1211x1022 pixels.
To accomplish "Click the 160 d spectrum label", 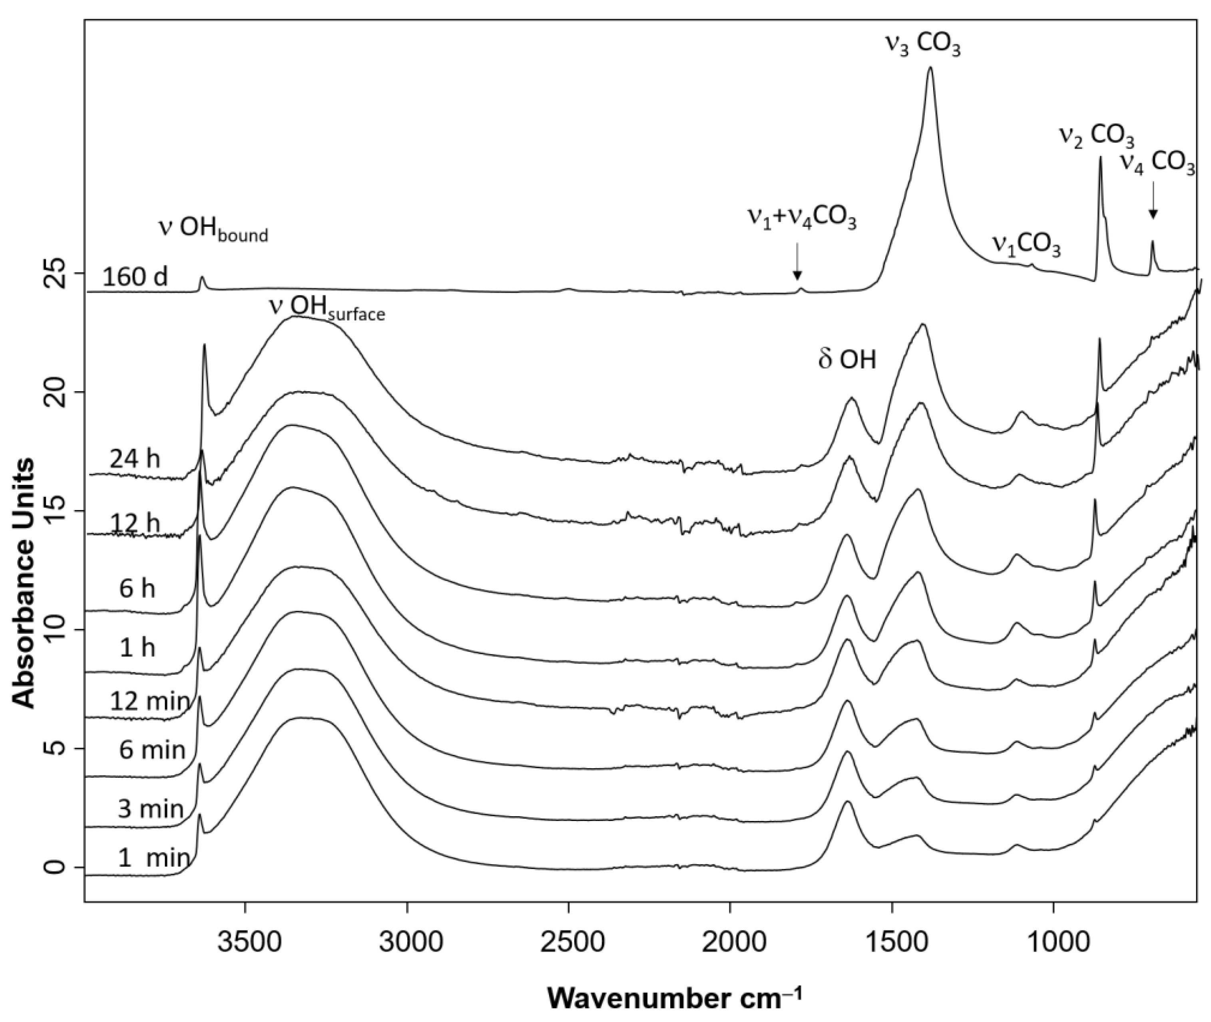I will coord(135,277).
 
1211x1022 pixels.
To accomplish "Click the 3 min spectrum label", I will coord(150,808).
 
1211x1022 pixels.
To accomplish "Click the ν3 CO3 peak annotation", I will coord(922,45).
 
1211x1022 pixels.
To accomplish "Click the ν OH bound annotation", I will coord(213,229).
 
